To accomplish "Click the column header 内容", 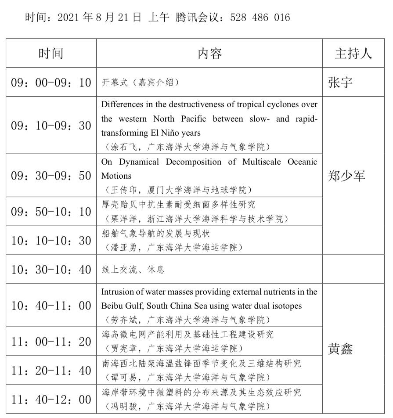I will click(x=209, y=54).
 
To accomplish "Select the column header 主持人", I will click(x=353, y=54).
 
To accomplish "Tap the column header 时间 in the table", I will click(x=51, y=54).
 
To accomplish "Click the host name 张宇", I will click(x=340, y=82).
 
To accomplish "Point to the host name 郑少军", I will click(x=346, y=176).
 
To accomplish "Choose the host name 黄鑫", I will click(x=340, y=349).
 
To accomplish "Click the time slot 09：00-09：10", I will click(x=51, y=82).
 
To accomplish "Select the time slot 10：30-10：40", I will click(x=51, y=270).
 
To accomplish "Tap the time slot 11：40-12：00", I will click(x=51, y=400).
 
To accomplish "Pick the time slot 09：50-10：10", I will click(x=51, y=212).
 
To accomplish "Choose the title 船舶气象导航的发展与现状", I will click(x=149, y=234).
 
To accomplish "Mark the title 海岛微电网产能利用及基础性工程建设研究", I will click(x=187, y=335).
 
